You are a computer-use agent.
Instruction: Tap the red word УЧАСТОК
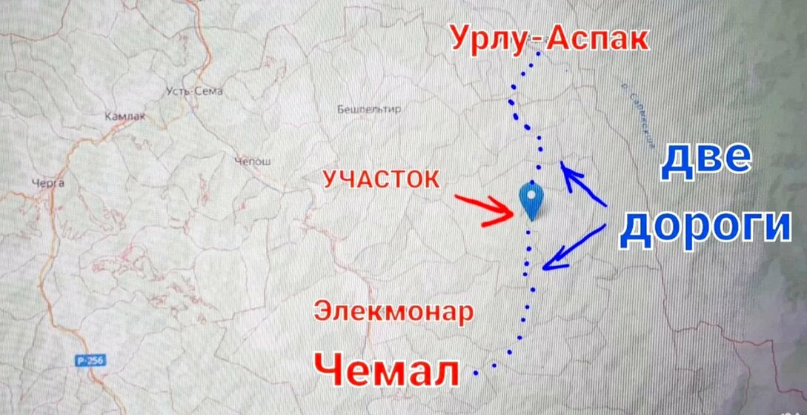click(381, 179)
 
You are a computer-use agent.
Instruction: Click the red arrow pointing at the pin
click(485, 208)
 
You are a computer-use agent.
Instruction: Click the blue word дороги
click(705, 227)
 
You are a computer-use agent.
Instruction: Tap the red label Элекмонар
click(393, 311)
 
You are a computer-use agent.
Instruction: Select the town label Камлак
click(125, 116)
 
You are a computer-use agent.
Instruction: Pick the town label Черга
click(48, 182)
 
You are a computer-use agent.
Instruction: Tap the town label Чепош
click(253, 162)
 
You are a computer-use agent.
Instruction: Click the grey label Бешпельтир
click(368, 110)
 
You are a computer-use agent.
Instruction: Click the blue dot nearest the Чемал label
click(475, 368)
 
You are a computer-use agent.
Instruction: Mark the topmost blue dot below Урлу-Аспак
click(539, 53)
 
